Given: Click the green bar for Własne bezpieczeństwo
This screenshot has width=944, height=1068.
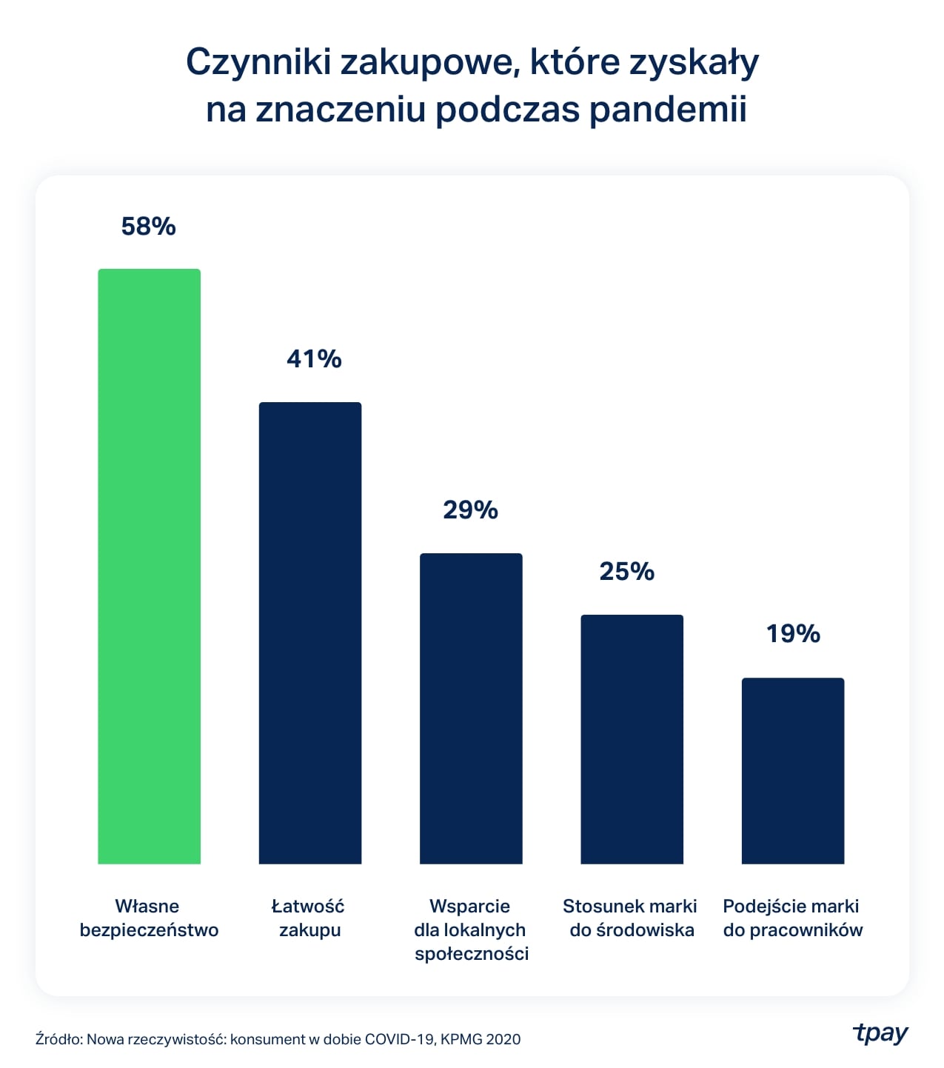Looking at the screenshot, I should point(149,566).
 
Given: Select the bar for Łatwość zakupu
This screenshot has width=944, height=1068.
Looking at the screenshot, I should point(309,633).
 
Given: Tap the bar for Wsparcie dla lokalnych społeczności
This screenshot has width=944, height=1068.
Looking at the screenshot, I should point(471,708).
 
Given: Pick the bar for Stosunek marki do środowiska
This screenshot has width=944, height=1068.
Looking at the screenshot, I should point(632,739).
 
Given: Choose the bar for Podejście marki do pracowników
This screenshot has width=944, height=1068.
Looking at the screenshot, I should point(792,770).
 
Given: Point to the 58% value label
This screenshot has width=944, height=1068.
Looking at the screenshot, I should point(148,226).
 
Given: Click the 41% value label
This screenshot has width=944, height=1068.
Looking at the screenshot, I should point(314,359).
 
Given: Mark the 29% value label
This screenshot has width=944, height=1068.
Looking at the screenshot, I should point(470,510).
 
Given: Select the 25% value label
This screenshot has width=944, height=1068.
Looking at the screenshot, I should point(626,572).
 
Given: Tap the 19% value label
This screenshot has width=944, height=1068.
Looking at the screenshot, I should point(793,634).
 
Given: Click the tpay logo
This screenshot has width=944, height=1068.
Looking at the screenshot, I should point(880,1033).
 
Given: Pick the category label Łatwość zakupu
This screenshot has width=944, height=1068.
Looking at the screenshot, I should point(309,918).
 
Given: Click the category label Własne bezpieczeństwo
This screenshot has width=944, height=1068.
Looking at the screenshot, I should point(149,918).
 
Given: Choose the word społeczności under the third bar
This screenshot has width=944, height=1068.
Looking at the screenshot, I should point(472,954).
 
